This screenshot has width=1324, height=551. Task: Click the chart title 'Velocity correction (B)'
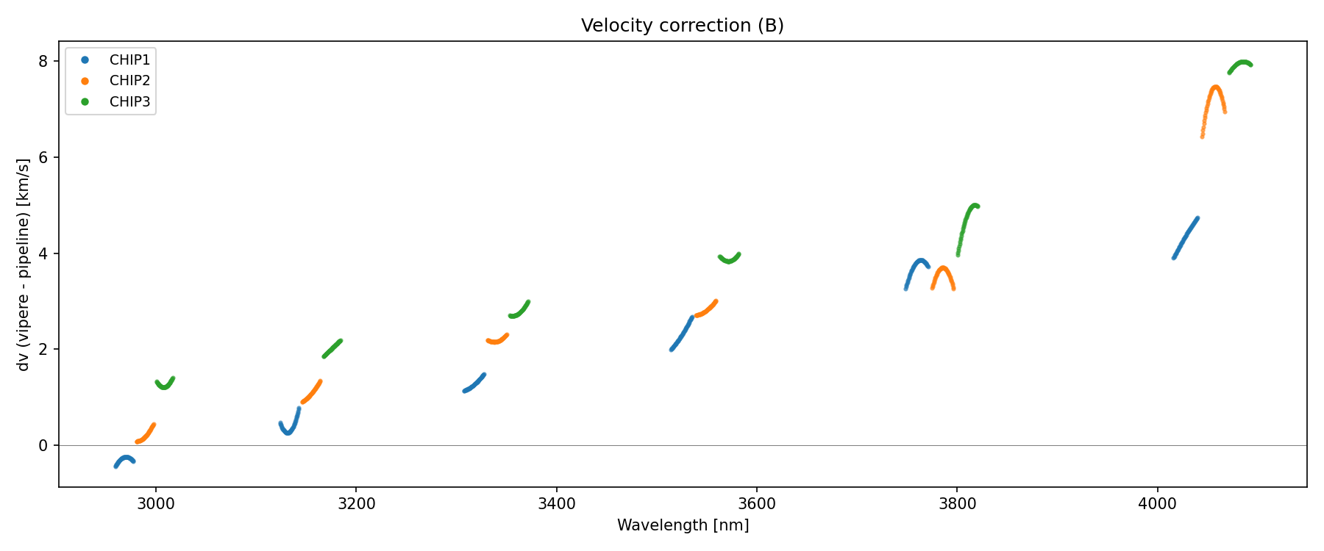click(x=682, y=26)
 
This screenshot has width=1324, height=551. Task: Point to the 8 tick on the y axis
click(x=43, y=61)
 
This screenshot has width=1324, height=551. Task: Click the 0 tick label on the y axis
click(x=43, y=445)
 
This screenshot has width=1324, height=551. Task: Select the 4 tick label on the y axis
click(x=43, y=253)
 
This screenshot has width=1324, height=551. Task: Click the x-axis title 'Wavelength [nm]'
click(x=683, y=525)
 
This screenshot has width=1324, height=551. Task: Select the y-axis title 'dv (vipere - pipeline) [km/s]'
click(x=24, y=264)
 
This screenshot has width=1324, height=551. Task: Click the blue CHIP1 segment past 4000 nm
click(x=1186, y=237)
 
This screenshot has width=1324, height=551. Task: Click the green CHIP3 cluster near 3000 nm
click(x=165, y=383)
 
